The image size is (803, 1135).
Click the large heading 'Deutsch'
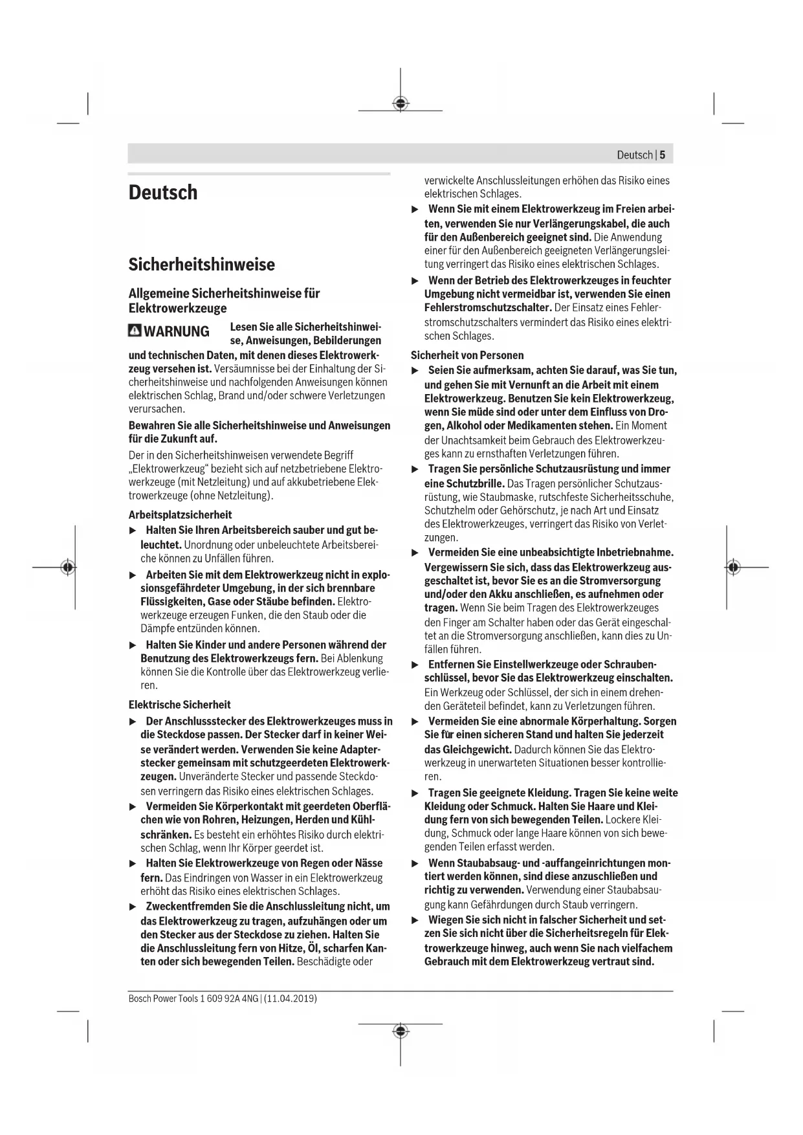[163, 193]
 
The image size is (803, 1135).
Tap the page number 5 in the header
[663, 155]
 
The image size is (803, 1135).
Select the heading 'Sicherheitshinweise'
[201, 264]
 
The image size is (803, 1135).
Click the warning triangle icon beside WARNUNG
[135, 331]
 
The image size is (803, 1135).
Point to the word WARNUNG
[177, 331]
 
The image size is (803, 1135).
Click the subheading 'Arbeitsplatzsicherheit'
[180, 515]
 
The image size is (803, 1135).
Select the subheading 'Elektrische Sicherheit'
[179, 705]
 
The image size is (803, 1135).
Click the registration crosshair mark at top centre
[401, 103]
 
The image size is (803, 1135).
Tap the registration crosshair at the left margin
[67, 567]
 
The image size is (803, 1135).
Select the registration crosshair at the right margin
[732, 567]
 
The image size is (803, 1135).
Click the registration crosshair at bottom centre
[401, 1030]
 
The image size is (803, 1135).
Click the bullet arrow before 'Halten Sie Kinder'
[133, 645]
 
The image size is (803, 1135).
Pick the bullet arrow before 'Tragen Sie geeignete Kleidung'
[415, 793]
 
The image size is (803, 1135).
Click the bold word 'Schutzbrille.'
[475, 483]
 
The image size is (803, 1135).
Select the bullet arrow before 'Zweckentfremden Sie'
[133, 907]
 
